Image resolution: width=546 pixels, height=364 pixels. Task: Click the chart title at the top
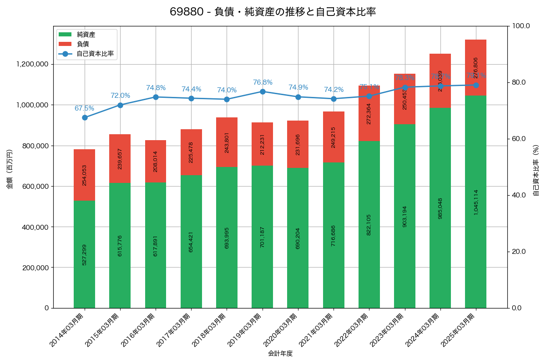pyautogui.click(x=273, y=12)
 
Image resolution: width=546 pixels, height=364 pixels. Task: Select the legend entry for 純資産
pyautogui.click(x=86, y=35)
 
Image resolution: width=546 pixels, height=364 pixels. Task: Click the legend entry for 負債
pyautogui.click(x=82, y=44)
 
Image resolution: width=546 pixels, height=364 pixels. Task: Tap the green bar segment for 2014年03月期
pyautogui.click(x=85, y=254)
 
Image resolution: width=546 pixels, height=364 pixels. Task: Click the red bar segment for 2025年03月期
pyautogui.click(x=475, y=67)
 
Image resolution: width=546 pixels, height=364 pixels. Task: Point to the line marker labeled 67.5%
pyautogui.click(x=85, y=117)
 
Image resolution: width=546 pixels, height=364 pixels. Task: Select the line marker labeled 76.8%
pyautogui.click(x=263, y=91)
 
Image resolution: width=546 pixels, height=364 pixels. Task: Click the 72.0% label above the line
pyautogui.click(x=120, y=96)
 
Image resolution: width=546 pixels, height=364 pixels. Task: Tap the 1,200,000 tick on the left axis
pyautogui.click(x=32, y=64)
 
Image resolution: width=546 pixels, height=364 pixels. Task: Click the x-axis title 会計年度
pyautogui.click(x=280, y=353)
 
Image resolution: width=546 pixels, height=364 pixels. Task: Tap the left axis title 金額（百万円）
pyautogui.click(x=10, y=169)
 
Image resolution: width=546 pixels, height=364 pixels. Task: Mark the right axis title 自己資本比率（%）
pyautogui.click(x=536, y=170)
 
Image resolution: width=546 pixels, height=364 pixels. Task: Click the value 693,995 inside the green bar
pyautogui.click(x=227, y=238)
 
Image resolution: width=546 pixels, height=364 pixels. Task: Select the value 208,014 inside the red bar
pyautogui.click(x=156, y=162)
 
